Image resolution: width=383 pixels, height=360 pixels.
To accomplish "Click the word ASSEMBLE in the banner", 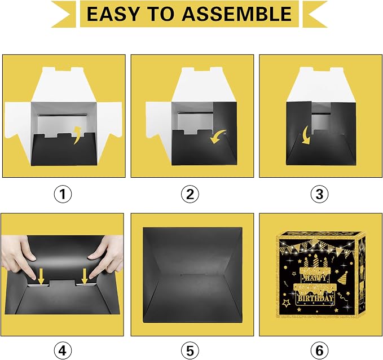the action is click(x=237, y=14).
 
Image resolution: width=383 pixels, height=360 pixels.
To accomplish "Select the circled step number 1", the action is click(x=63, y=194).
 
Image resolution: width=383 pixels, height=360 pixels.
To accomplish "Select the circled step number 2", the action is click(x=190, y=194).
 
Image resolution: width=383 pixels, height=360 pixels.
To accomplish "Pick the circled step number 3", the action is click(x=319, y=194).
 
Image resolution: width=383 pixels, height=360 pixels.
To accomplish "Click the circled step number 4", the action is click(x=63, y=351).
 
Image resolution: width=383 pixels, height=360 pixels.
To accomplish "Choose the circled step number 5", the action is click(x=190, y=351).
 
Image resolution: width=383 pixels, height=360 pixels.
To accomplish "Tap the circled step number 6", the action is click(x=319, y=351).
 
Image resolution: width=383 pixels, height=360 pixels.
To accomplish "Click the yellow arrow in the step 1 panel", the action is click(x=78, y=135).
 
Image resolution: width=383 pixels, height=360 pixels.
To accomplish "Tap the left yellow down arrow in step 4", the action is click(x=41, y=276).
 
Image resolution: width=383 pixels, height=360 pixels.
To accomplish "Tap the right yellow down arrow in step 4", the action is click(x=85, y=276).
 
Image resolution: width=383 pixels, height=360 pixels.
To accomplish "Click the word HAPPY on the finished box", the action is click(x=315, y=278).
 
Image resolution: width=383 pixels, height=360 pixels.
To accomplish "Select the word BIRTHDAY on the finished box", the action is click(x=315, y=298).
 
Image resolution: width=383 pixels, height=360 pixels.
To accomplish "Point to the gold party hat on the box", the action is click(x=344, y=278).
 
